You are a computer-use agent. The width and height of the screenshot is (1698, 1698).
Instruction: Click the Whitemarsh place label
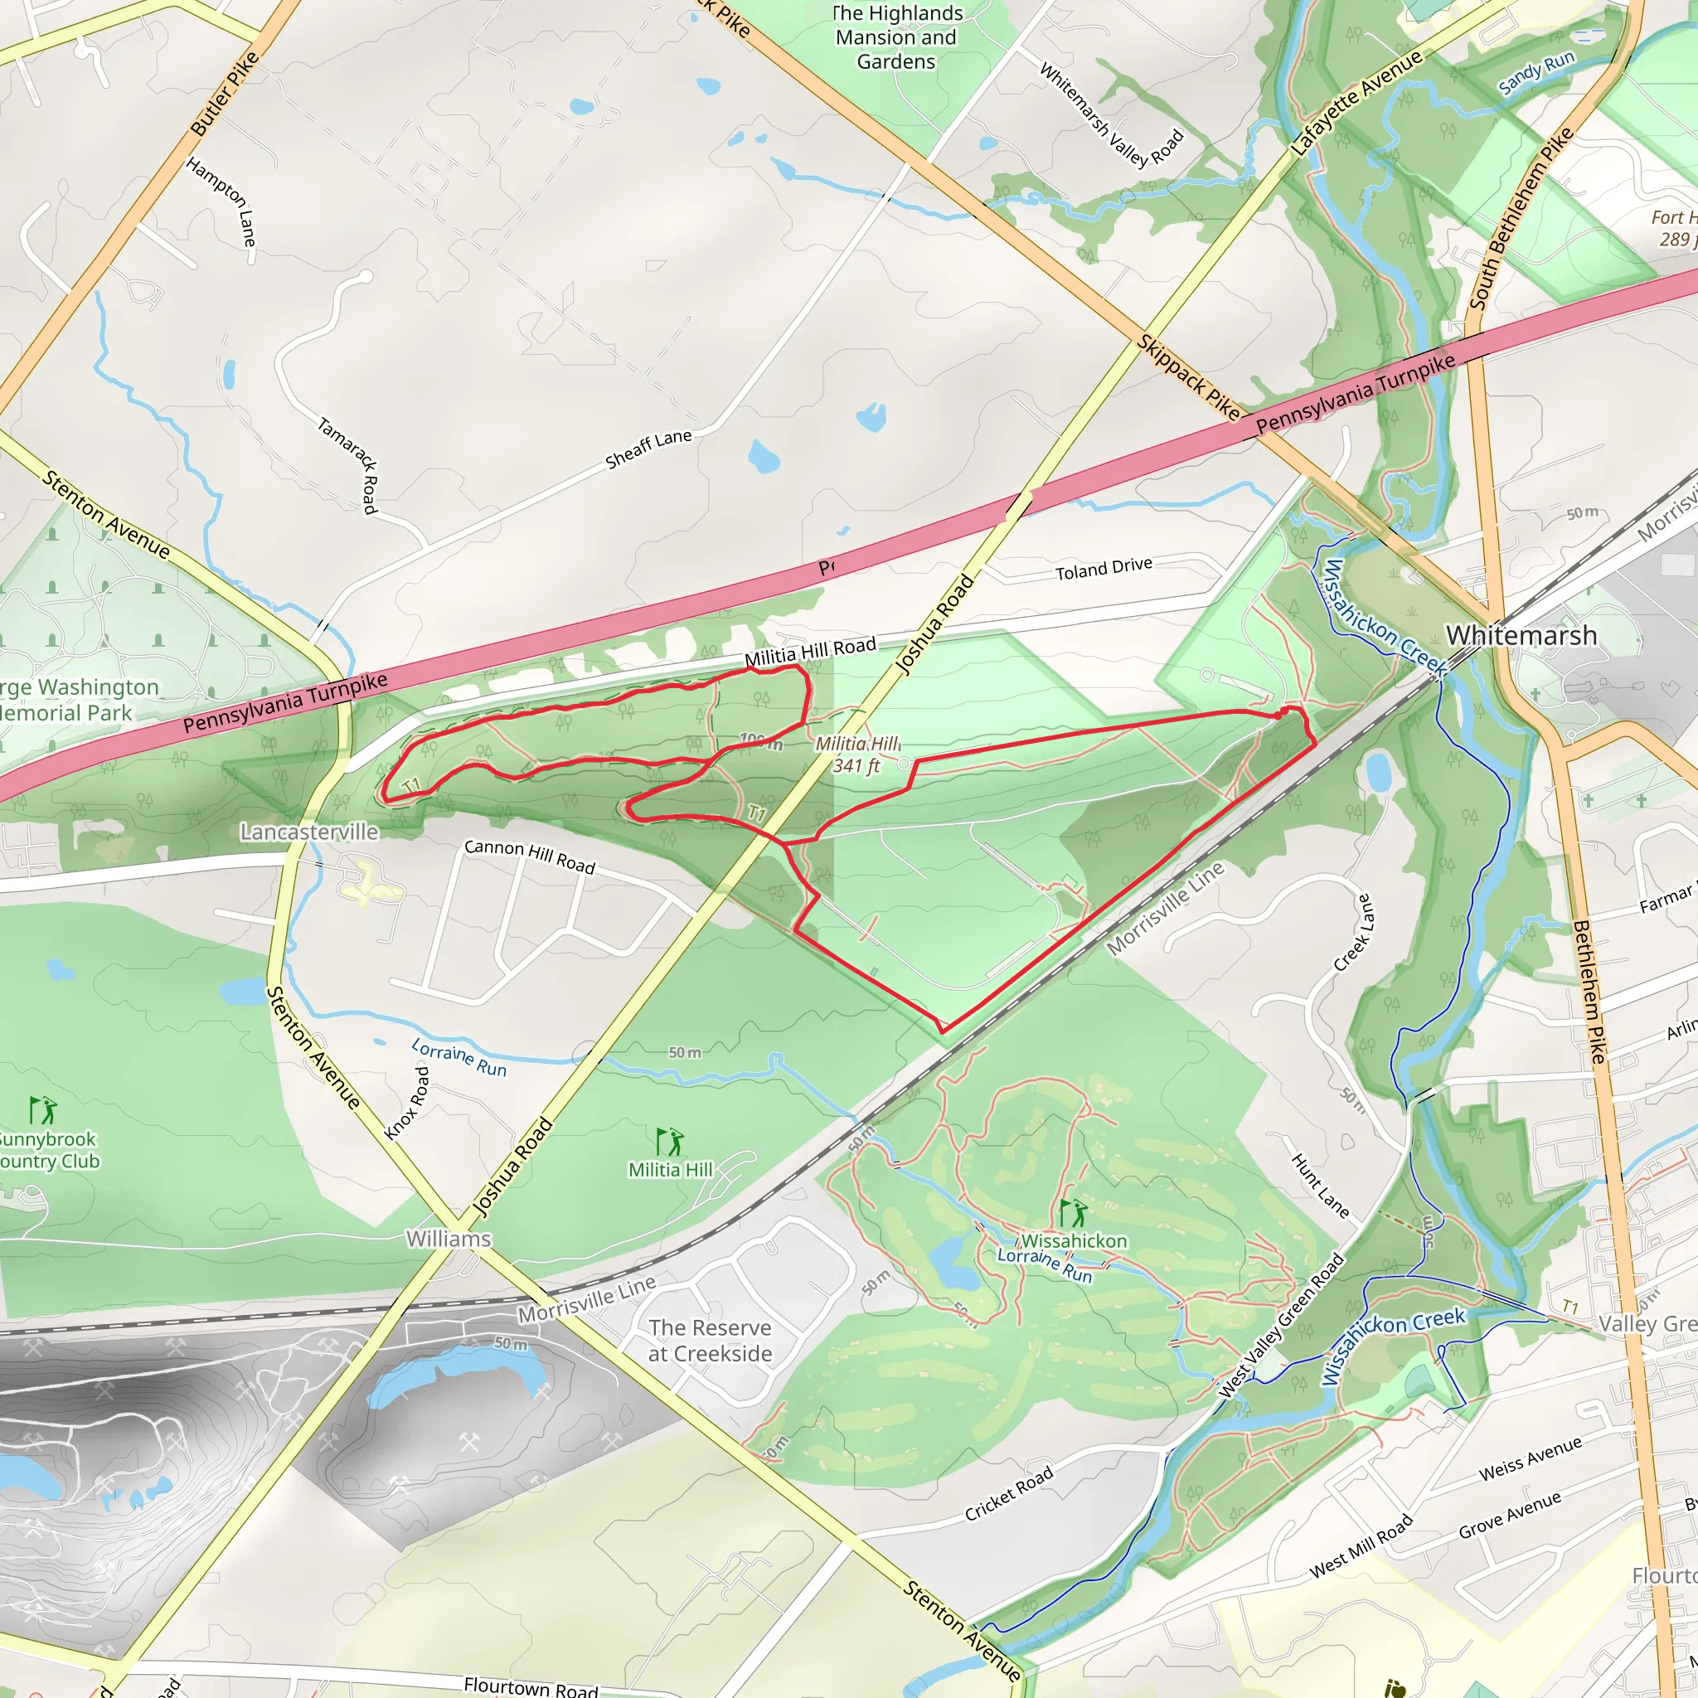pos(1521,634)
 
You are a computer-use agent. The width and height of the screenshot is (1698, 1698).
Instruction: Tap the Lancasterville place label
pos(309,832)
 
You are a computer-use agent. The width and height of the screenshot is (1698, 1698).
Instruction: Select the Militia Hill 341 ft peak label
pos(857,754)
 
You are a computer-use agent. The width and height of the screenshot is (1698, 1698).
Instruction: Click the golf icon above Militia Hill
pos(670,1142)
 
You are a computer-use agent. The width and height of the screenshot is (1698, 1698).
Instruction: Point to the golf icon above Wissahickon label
pos(1072,1214)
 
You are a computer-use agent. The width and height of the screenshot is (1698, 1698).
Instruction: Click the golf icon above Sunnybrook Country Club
pos(42,1110)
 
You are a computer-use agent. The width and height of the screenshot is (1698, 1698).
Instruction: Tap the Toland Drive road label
pos(1103,569)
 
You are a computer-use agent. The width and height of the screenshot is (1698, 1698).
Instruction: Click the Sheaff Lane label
pos(648,449)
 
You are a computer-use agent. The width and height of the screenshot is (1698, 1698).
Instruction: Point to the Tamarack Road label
pos(347,465)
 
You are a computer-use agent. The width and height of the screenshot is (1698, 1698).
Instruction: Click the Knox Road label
pos(408,1103)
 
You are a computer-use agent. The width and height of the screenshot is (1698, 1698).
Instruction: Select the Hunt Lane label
pos(1320,1185)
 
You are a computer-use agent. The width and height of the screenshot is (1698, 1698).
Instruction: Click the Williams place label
pos(449,1239)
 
